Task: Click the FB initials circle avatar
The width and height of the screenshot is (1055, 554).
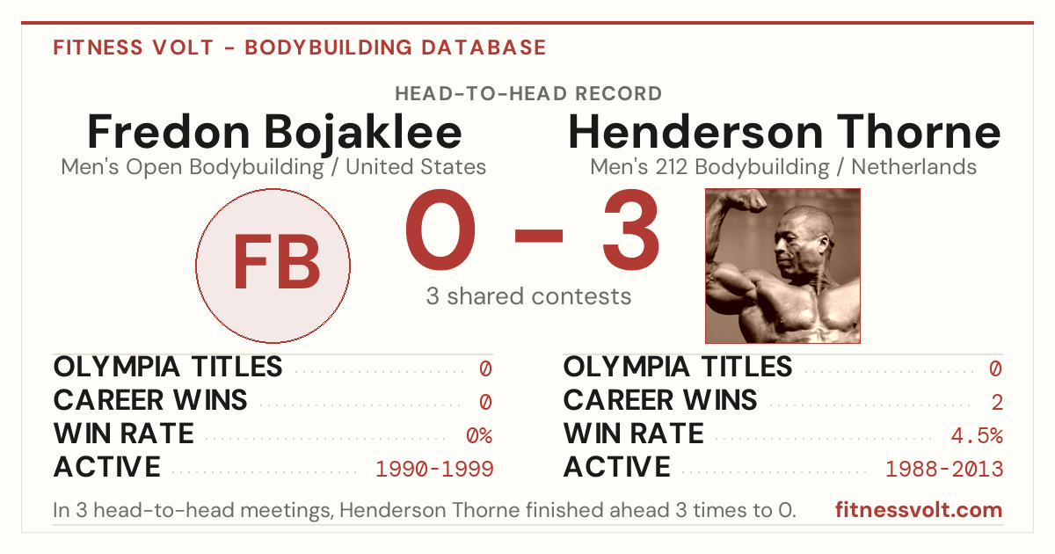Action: pyautogui.click(x=273, y=266)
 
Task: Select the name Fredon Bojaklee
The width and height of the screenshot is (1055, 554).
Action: pyautogui.click(x=274, y=133)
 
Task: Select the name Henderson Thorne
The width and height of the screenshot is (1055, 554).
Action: pyautogui.click(x=784, y=133)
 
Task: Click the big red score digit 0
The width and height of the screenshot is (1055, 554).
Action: pyautogui.click(x=440, y=230)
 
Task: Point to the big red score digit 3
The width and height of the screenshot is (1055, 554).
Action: pyautogui.click(x=631, y=230)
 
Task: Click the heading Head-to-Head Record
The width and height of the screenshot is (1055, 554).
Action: pyautogui.click(x=528, y=94)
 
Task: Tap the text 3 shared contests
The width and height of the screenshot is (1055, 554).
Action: pyautogui.click(x=528, y=296)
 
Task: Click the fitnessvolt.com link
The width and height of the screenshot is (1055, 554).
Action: pyautogui.click(x=919, y=510)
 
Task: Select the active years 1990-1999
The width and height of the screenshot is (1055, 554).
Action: pyautogui.click(x=434, y=470)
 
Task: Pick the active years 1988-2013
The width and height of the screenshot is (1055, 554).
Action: pyautogui.click(x=944, y=470)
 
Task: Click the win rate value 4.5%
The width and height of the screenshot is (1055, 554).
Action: pyautogui.click(x=977, y=436)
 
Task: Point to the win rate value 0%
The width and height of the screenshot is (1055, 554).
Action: pyautogui.click(x=479, y=436)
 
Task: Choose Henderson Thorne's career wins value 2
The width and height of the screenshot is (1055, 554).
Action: pyautogui.click(x=997, y=403)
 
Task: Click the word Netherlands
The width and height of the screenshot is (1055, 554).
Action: pyautogui.click(x=913, y=167)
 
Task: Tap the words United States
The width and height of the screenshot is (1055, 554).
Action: pyautogui.click(x=416, y=167)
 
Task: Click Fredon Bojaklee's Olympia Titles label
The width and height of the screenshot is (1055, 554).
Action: pyautogui.click(x=168, y=367)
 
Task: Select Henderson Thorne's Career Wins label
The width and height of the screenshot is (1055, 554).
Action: pyautogui.click(x=660, y=400)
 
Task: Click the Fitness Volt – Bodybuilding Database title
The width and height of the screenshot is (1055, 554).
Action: pyautogui.click(x=300, y=47)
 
